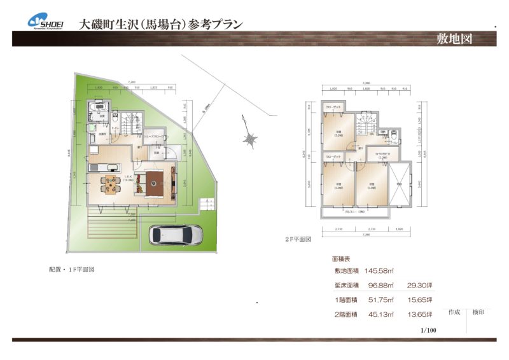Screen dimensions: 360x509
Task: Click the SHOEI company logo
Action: coord(45,21)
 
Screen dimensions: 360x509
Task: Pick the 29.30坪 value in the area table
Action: coord(421,286)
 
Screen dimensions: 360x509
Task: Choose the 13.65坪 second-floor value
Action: coord(421,314)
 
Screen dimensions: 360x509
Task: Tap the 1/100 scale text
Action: coord(428,330)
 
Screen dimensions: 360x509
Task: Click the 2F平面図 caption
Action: coord(298,240)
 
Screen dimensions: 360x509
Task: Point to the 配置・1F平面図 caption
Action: coord(72,269)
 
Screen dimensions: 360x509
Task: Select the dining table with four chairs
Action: coord(109,184)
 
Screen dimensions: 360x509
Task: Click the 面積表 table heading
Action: coord(342,260)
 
